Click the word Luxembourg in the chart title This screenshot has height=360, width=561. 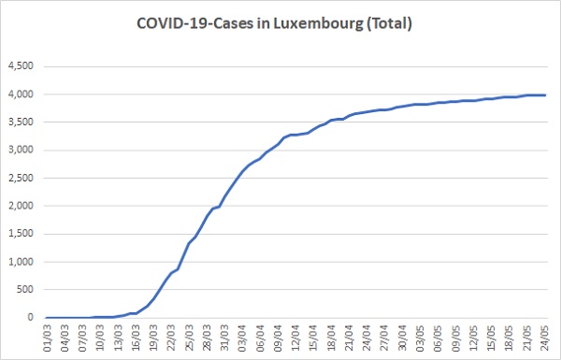click(318, 24)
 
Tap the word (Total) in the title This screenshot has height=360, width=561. click(389, 24)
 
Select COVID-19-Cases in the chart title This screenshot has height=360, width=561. click(194, 23)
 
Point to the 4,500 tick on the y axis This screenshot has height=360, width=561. click(22, 66)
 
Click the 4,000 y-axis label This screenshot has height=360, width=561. click(22, 94)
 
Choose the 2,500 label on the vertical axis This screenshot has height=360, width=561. click(22, 178)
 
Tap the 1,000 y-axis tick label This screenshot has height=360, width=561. click(22, 262)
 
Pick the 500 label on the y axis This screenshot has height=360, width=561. click(25, 290)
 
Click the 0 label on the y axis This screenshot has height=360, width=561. click(31, 317)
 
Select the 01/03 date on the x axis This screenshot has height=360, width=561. click(48, 338)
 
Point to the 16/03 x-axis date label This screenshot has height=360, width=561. click(136, 338)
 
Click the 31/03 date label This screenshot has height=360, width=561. click(224, 338)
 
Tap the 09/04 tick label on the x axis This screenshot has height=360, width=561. click(278, 338)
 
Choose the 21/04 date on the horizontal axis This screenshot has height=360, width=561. click(349, 338)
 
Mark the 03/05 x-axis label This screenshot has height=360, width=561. click(420, 338)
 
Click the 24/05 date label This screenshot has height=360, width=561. click(544, 338)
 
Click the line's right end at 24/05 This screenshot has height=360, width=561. click(545, 94)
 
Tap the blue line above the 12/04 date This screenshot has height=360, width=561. click(295, 135)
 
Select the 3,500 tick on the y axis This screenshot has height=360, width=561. click(22, 122)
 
